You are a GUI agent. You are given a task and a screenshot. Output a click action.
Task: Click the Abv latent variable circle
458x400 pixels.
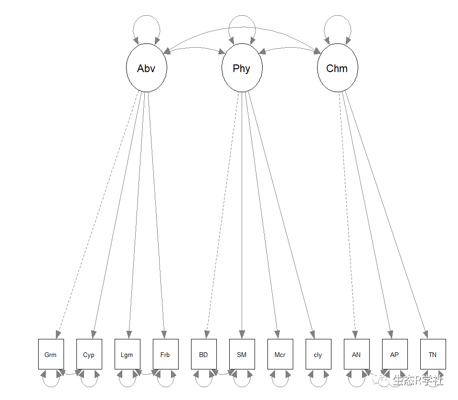click(146, 68)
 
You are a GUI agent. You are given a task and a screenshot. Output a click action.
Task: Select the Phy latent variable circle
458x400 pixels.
click(242, 68)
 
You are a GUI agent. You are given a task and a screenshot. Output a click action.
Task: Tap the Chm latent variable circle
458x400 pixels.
click(337, 68)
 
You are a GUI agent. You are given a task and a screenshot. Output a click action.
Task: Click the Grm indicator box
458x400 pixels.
click(51, 354)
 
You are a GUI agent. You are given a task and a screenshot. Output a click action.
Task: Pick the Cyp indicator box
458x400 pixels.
click(89, 354)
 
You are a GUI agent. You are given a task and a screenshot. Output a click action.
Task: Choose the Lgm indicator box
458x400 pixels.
click(127, 354)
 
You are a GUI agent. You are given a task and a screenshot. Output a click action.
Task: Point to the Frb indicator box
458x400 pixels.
click(165, 354)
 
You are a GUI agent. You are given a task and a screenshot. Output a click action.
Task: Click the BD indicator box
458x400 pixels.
click(203, 354)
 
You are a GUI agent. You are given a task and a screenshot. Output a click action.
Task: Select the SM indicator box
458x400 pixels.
click(242, 354)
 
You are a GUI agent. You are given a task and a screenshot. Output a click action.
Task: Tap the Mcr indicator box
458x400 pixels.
click(280, 354)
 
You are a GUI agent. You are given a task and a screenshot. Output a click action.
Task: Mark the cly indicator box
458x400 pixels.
click(318, 354)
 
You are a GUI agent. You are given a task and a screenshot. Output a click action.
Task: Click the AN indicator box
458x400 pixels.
click(356, 354)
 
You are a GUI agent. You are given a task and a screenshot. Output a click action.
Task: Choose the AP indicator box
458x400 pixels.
click(394, 354)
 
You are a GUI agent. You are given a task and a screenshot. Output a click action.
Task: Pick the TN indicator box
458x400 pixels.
click(433, 354)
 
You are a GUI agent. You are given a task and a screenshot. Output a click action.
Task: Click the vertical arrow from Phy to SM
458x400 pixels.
click(242, 215)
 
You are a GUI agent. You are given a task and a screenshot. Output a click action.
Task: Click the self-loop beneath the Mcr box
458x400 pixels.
click(280, 385)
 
